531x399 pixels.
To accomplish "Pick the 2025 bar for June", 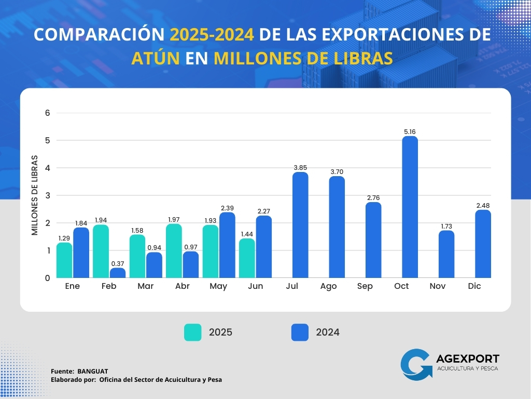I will (x=247, y=258).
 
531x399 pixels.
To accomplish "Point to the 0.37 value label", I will (x=117, y=263).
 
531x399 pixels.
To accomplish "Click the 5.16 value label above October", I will (x=410, y=132).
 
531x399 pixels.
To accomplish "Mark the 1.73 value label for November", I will (x=446, y=226).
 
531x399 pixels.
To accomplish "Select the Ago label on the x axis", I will (x=328, y=286).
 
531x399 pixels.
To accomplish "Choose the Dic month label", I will (x=474, y=286).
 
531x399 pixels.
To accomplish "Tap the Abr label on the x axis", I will (x=183, y=286).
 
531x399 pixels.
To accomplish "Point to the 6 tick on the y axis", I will (x=47, y=113).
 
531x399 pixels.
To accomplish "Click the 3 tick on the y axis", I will (x=47, y=195).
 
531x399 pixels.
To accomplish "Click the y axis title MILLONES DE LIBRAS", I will (x=35, y=195).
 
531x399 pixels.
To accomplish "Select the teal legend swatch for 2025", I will (x=193, y=332).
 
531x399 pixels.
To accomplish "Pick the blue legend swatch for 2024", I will (x=300, y=332).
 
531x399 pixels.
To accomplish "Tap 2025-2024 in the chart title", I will (x=212, y=34).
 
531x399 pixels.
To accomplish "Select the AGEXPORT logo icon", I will (x=416, y=364).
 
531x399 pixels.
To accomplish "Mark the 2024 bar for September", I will (x=373, y=240).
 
